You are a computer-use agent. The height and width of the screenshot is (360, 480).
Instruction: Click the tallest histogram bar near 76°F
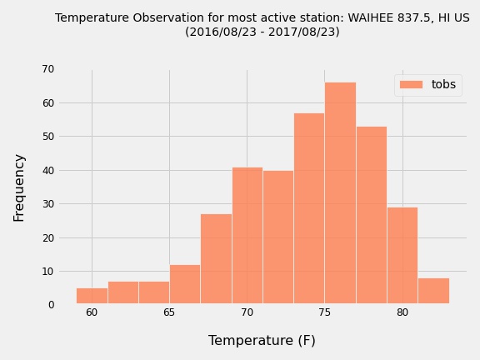point(340,192)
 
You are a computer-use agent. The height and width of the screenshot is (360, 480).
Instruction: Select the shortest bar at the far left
point(92,296)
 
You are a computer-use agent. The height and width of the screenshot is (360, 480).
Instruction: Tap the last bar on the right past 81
point(434,291)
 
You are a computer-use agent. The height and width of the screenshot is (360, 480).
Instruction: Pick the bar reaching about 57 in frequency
point(309,208)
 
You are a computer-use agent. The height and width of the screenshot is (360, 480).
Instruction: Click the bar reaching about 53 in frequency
point(372,215)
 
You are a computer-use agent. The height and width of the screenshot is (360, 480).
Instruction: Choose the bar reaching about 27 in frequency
point(217,258)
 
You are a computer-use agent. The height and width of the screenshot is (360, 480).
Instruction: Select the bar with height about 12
point(185,284)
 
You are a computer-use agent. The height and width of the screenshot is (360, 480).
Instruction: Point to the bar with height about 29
point(402,255)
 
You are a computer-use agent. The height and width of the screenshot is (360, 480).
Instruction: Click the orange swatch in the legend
point(411,84)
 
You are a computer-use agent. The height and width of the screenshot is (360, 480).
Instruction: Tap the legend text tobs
point(443,84)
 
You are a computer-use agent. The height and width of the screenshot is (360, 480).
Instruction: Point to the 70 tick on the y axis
point(48,69)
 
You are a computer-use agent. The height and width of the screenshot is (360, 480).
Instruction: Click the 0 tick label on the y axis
point(51,305)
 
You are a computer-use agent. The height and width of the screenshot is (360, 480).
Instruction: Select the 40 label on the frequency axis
point(48,170)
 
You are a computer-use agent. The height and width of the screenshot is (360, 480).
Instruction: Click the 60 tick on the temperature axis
point(92,312)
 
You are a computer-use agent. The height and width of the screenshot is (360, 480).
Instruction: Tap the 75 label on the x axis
point(324,312)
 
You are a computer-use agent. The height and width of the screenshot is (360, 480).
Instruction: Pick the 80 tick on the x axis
point(402,312)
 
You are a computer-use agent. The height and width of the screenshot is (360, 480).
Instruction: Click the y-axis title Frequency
point(19,188)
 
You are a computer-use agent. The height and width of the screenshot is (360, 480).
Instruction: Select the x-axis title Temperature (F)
point(262,340)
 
